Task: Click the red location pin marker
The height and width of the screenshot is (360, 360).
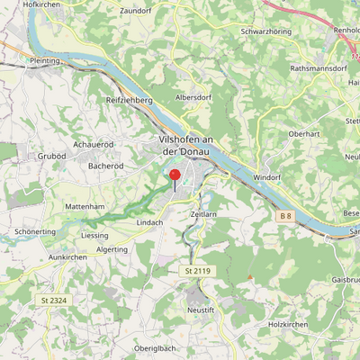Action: click(175, 176)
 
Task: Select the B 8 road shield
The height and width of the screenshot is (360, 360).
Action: click(285, 217)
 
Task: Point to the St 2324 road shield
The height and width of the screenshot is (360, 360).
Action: click(54, 299)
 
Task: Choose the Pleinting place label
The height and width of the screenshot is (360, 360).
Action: click(44, 61)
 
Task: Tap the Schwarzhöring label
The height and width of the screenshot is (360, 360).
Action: click(265, 31)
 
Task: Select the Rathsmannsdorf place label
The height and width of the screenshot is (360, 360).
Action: click(319, 68)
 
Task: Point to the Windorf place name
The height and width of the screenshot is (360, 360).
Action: click(267, 177)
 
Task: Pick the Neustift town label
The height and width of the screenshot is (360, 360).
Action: click(202, 308)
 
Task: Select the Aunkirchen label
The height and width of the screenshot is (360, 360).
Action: click(67, 256)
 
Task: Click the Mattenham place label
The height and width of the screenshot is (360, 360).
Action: click(85, 206)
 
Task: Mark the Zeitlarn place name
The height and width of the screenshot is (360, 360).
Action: click(206, 215)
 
